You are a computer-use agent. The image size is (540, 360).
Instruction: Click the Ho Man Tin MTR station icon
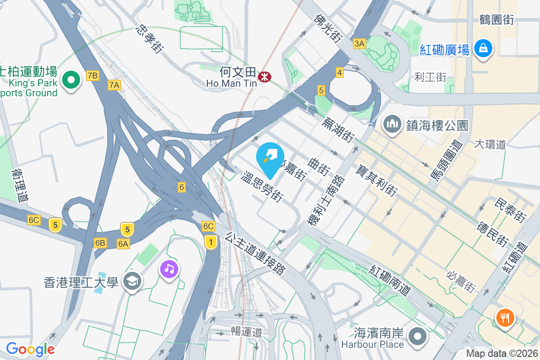[x=264, y=77]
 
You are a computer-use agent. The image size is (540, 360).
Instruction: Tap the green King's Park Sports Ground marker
[x=71, y=81]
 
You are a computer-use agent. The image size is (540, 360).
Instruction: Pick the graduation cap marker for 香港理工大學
[x=133, y=282]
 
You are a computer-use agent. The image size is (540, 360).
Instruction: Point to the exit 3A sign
[x=360, y=44]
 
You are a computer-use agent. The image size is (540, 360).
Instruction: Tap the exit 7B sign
[x=92, y=75]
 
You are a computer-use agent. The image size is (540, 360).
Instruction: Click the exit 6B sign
[x=100, y=243]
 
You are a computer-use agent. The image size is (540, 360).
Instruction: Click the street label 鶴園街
[x=496, y=20]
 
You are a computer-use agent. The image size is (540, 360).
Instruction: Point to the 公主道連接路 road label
[x=256, y=253]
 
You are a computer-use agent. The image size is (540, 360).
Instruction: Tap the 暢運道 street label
[x=246, y=333]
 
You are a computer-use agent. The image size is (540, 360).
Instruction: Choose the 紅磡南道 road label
[x=390, y=280]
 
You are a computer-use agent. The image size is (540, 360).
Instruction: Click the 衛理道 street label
[x=21, y=185]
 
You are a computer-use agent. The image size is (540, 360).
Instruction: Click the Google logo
[x=30, y=349]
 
